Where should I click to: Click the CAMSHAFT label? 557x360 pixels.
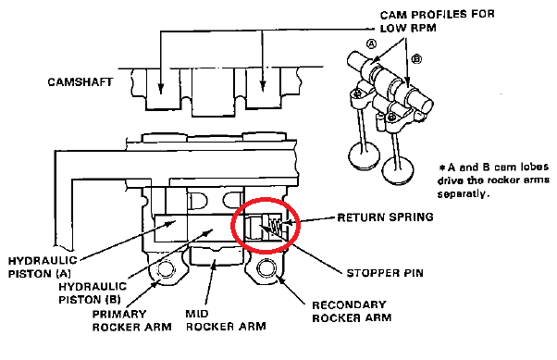coord(80,82)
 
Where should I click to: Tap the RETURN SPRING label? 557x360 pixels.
coord(386,217)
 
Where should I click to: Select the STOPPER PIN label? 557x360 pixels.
coord(385,273)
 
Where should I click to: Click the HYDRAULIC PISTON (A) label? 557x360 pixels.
coord(43,267)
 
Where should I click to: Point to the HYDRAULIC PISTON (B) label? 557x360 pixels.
coord(93,293)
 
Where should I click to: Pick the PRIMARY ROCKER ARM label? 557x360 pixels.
coord(131,320)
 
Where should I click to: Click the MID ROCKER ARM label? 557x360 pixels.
coord(226,320)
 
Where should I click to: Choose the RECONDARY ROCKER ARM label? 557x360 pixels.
coord(352,311)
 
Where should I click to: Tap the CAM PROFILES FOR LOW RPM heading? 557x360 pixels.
coord(437,21)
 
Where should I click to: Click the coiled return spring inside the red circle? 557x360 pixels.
coord(275,227)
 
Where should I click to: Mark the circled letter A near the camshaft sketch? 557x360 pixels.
coord(371,43)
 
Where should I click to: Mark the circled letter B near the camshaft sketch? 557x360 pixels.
coord(416,58)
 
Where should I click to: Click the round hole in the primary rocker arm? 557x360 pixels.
coord(165,269)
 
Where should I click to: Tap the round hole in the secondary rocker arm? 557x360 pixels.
coord(266,267)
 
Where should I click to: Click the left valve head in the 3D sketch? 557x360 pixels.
coord(364,156)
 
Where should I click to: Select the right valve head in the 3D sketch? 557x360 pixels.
coord(398,169)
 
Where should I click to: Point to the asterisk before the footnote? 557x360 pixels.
coord(442,167)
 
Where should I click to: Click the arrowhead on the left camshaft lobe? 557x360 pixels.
coord(161,89)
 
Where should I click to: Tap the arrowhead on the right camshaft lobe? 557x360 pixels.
coord(263,86)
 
